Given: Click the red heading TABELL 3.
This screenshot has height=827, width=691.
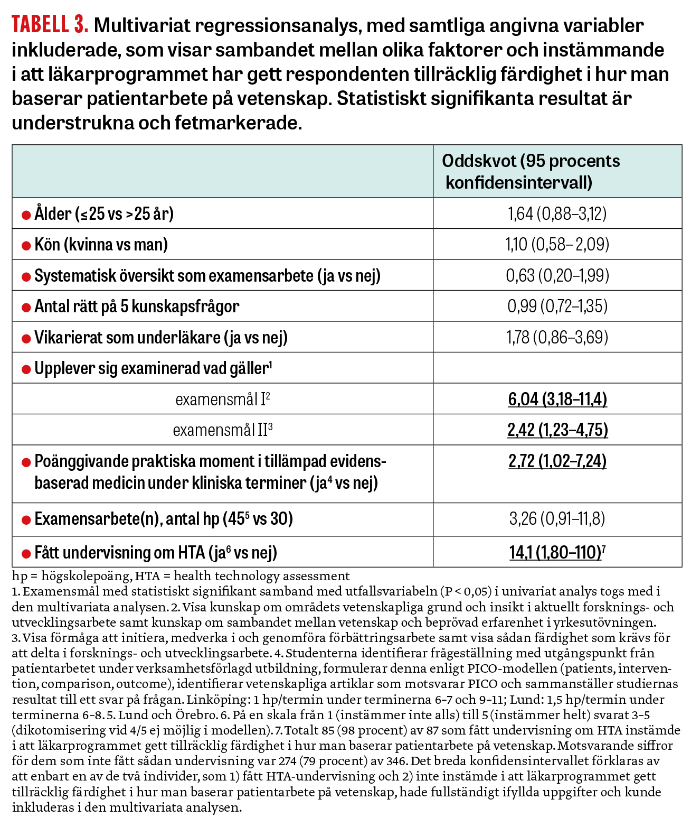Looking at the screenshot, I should pos(50,25).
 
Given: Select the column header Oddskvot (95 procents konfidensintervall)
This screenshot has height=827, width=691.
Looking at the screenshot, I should pos(531,171).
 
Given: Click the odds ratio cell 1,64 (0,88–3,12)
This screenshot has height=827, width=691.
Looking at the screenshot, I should pos(557,213).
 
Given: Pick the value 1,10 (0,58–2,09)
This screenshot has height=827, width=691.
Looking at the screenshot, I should pos(557,244).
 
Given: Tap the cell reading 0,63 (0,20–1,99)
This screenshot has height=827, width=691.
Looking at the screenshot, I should pos(557,275).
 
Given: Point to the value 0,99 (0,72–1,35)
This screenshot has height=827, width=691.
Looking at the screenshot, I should pos(557,306).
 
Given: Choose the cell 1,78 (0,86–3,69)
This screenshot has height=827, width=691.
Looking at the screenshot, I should pos(557,337).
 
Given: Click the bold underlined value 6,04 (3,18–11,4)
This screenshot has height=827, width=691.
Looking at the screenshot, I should pos(557,399).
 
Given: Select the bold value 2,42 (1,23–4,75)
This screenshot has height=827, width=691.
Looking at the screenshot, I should pos(557,430).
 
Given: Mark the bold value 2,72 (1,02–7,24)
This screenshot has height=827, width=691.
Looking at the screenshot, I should pos(557,461).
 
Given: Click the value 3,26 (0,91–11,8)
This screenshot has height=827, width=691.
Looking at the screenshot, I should pos(557,518).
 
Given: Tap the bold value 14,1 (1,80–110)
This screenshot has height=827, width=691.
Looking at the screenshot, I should pos(555,552).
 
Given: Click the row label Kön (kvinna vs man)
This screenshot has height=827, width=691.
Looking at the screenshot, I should pos(101,245).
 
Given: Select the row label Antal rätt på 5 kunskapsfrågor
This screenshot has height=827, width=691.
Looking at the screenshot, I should pos(136,306).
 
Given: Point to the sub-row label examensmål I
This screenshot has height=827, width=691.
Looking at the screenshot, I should pos(222,399).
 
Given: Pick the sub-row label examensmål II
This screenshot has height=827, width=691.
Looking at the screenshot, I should pos(222,430).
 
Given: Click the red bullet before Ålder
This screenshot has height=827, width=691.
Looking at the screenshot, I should pos(26,215).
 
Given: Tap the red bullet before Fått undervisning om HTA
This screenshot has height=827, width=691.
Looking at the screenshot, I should pos(26,554).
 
